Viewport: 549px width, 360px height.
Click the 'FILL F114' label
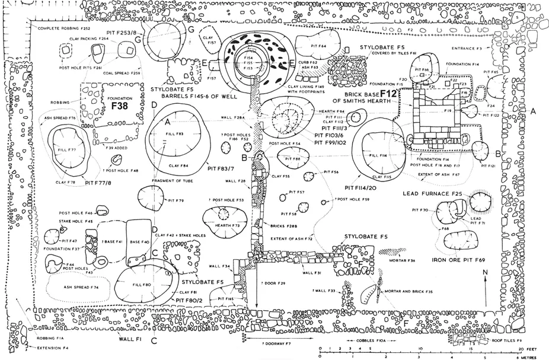[x=378, y=155]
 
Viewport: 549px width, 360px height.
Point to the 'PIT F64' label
[x=319, y=46]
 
